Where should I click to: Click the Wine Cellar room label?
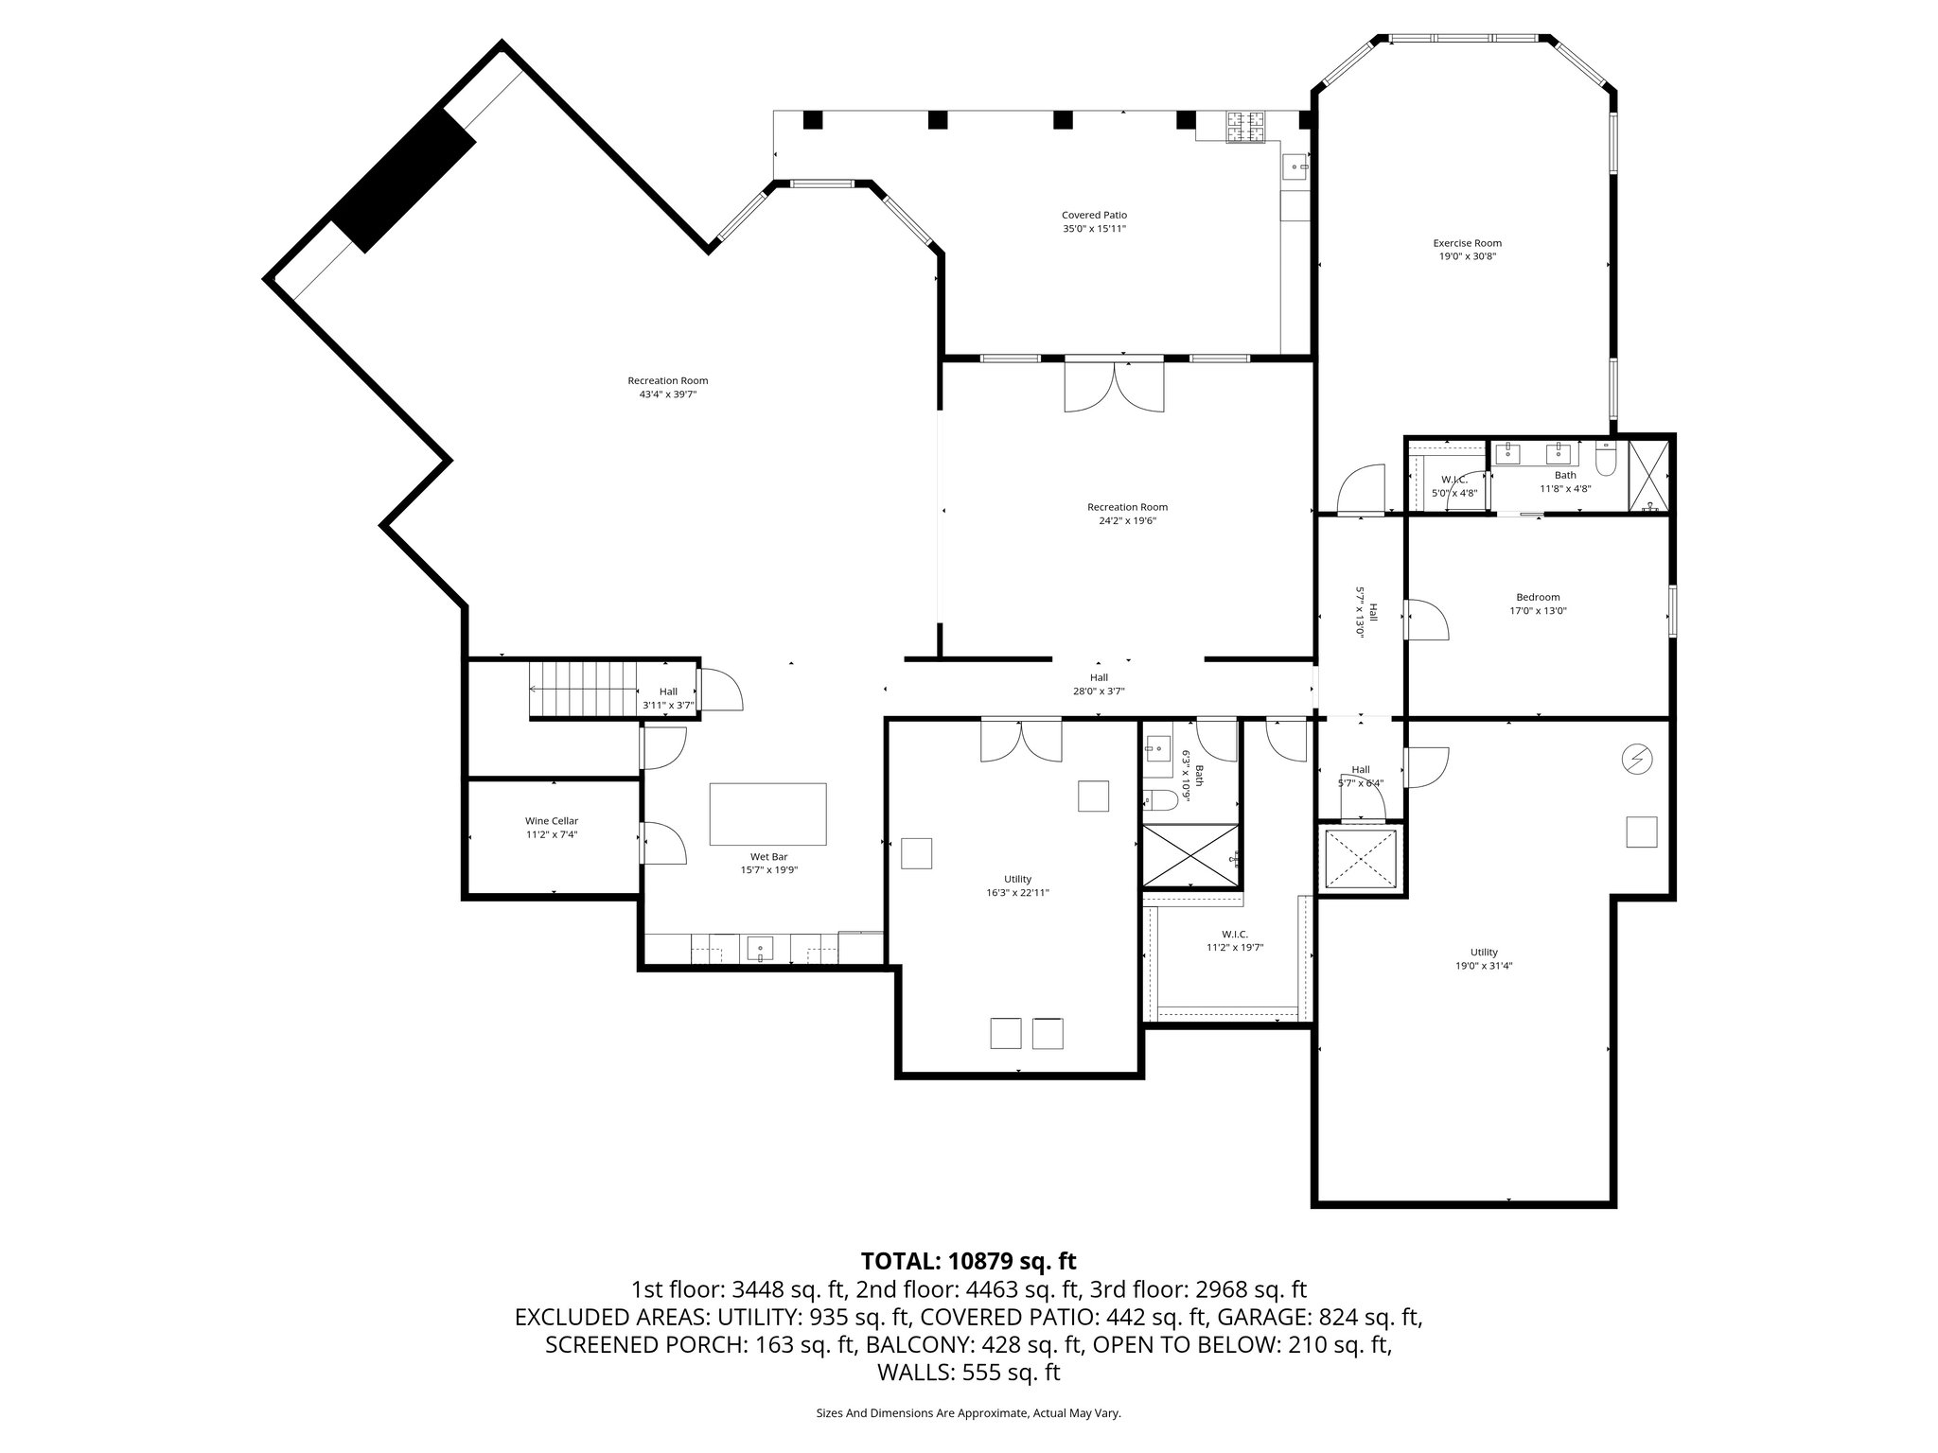[x=552, y=821]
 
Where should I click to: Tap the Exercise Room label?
[x=1467, y=243]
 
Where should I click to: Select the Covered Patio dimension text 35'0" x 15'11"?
[x=1094, y=229]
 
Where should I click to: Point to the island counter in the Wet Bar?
[x=767, y=814]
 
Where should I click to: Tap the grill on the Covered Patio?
[x=1246, y=127]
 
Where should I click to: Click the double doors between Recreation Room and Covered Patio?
[x=1114, y=387]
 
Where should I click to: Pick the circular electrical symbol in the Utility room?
[x=1636, y=759]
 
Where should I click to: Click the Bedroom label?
[x=1538, y=597]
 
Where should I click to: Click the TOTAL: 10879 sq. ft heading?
[x=968, y=1261]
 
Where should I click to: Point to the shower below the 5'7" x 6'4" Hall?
[x=1360, y=858]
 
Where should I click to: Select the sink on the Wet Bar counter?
[x=760, y=947]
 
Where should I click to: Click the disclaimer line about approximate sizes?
[x=968, y=1413]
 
